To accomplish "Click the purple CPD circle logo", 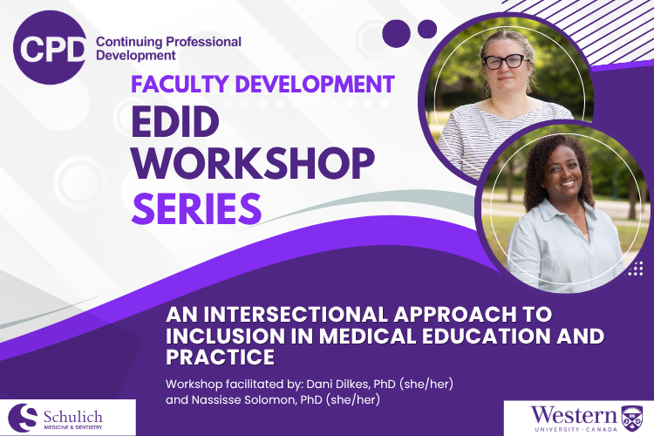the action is tap(50, 48).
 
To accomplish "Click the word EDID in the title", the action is tap(175, 122).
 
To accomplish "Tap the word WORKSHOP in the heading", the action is tap(253, 163).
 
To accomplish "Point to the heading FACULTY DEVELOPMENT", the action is tap(262, 84).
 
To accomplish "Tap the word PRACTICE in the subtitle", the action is tap(221, 358).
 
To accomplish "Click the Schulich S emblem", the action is tap(23, 418).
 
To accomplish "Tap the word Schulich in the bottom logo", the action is tap(73, 417).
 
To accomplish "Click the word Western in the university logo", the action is tap(574, 416).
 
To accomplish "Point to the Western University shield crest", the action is tap(632, 419).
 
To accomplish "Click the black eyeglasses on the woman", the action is tap(505, 61).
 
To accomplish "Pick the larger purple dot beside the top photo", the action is tap(396, 33).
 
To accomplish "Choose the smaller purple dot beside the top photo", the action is tap(427, 29).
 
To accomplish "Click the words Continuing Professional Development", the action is tap(168, 49).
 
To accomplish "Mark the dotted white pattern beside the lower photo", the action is tap(635, 269).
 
